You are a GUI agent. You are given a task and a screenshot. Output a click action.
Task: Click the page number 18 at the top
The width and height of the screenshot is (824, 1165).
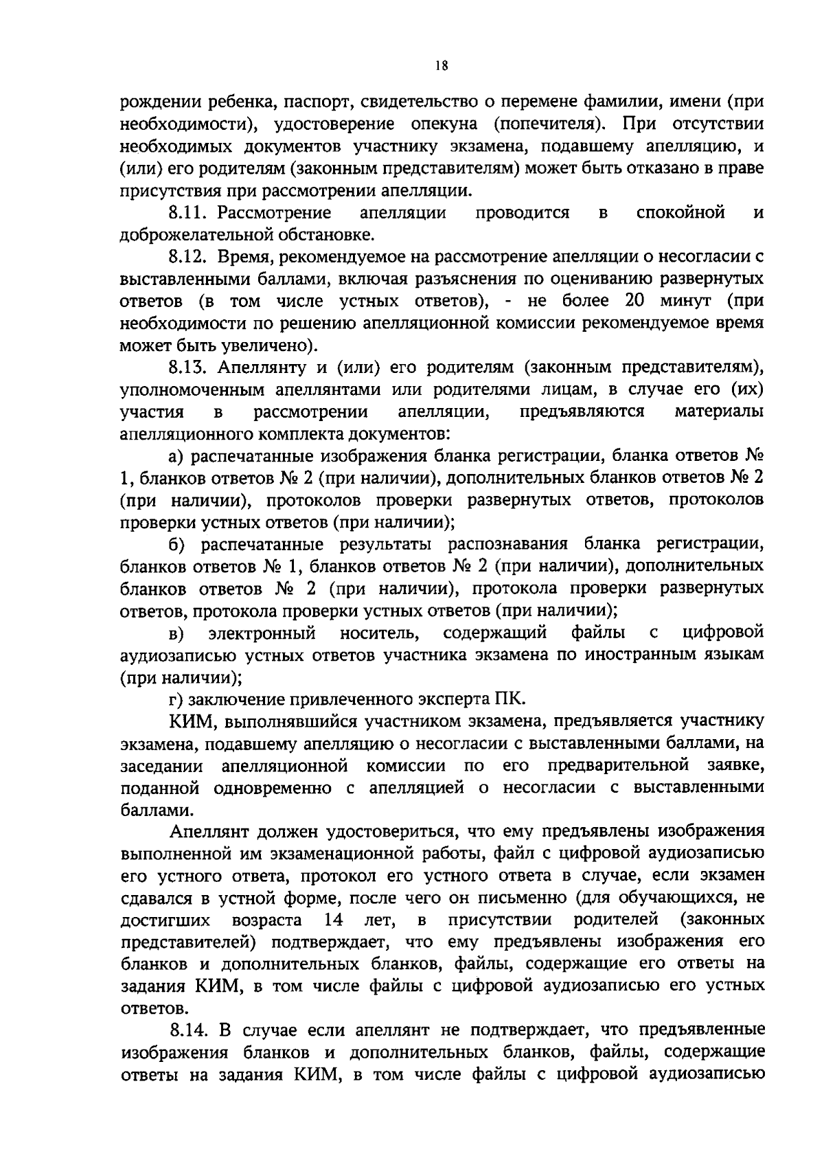[x=442, y=66]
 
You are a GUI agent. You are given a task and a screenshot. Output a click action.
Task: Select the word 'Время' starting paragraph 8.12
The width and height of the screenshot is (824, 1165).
[x=243, y=257]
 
